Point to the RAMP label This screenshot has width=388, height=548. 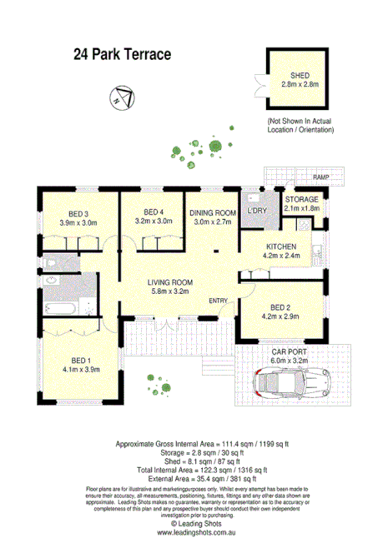(x=320, y=178)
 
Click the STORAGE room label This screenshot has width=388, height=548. (x=302, y=200)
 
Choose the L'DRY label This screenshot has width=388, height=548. (x=255, y=212)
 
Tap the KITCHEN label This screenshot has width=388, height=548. (x=280, y=247)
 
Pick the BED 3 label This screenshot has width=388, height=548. (x=79, y=212)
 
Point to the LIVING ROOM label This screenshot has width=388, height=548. (x=164, y=282)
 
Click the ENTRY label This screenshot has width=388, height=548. (x=219, y=301)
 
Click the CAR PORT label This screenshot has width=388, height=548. (x=289, y=351)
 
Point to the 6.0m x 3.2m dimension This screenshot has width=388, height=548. (x=289, y=361)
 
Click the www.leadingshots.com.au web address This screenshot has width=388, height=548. (x=194, y=529)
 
